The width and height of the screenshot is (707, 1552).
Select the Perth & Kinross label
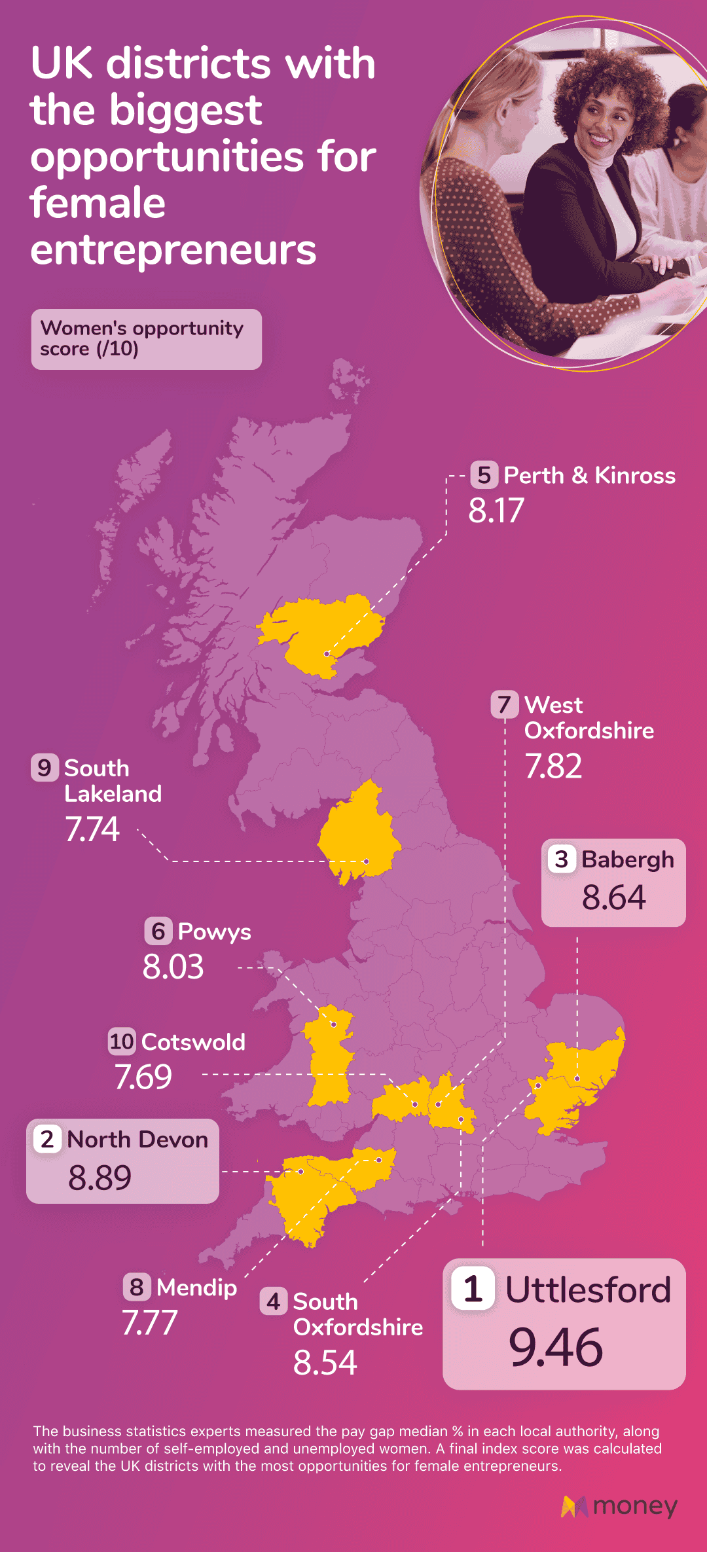pyautogui.click(x=589, y=475)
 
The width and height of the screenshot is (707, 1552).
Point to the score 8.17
pyautogui.click(x=496, y=511)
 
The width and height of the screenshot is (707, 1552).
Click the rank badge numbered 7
pyautogui.click(x=504, y=704)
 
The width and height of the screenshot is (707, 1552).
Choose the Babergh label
pyautogui.click(x=627, y=859)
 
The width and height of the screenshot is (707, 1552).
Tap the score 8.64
pyautogui.click(x=613, y=897)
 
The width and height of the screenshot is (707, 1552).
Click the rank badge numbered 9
pyautogui.click(x=45, y=767)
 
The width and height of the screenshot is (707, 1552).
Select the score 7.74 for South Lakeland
pyautogui.click(x=92, y=829)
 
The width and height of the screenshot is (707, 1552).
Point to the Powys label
pyautogui.click(x=214, y=931)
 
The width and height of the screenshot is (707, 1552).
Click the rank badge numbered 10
pyautogui.click(x=122, y=1041)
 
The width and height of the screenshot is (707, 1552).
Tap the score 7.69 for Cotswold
pyautogui.click(x=143, y=1077)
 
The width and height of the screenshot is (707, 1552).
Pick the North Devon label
pyautogui.click(x=137, y=1140)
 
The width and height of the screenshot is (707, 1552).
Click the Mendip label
pyautogui.click(x=196, y=1288)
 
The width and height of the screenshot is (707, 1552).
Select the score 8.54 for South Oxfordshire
pyautogui.click(x=325, y=1363)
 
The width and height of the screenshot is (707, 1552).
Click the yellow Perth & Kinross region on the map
pyautogui.click(x=314, y=632)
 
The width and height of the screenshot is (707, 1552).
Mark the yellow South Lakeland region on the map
pyautogui.click(x=357, y=831)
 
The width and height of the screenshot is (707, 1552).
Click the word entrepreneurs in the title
pyautogui.click(x=173, y=250)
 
